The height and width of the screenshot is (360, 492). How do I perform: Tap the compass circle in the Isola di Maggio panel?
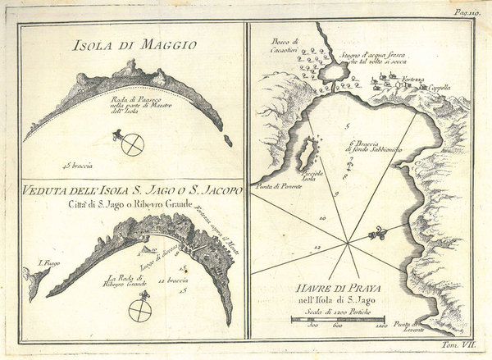click(x=132, y=144)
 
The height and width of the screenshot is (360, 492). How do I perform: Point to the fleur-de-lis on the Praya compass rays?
click(x=376, y=235)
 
